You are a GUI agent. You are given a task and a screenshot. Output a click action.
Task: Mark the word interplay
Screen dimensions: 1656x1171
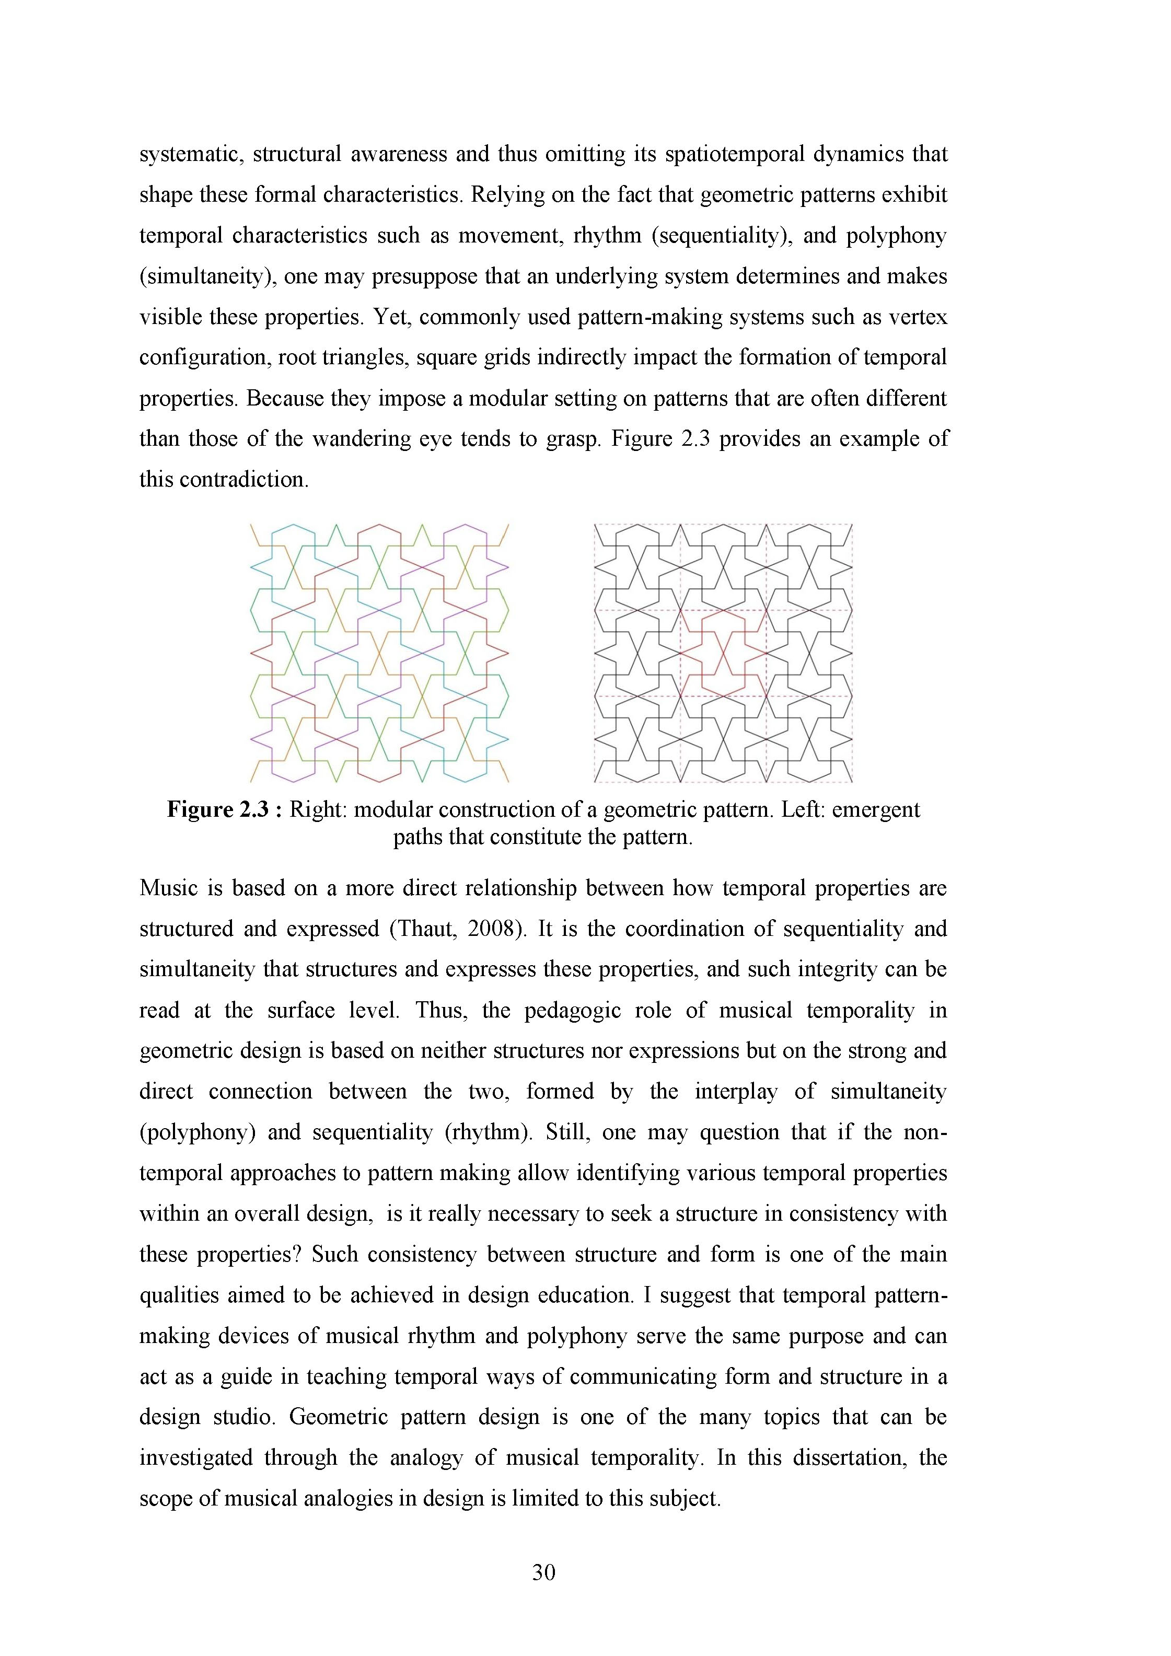click(x=736, y=1092)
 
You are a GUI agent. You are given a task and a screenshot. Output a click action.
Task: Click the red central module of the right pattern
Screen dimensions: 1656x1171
click(x=723, y=653)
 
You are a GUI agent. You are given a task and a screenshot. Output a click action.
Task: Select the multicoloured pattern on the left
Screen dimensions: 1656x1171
click(x=379, y=653)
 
